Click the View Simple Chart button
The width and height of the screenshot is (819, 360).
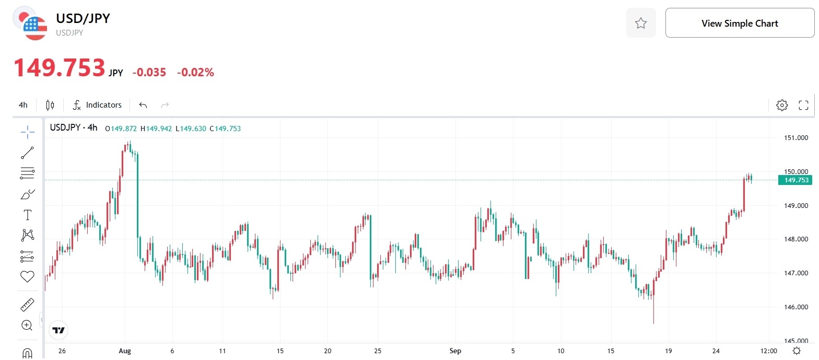(740, 24)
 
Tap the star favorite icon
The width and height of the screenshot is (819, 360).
(641, 24)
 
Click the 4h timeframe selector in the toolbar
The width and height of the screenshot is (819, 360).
(23, 105)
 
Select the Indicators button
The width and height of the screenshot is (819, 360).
(97, 105)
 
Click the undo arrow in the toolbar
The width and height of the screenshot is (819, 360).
(143, 105)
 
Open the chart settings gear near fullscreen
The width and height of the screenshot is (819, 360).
(782, 105)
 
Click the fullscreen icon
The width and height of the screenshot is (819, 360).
(804, 105)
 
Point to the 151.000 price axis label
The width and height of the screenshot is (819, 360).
(793, 138)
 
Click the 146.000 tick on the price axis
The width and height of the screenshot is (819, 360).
(793, 307)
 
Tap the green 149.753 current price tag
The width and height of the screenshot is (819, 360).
(796, 180)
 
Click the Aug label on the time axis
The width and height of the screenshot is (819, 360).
(124, 351)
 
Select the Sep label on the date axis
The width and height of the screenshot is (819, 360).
(455, 351)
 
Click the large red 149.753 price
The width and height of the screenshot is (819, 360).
(60, 68)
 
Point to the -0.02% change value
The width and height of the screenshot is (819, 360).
(195, 73)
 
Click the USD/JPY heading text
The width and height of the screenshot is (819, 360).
(83, 19)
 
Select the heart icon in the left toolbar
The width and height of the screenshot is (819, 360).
(27, 276)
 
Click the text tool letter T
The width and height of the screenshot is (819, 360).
(27, 215)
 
